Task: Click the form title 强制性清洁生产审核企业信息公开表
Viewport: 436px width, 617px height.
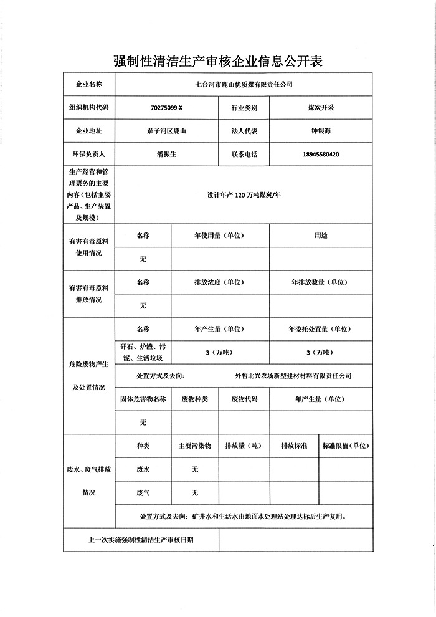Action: coord(218,60)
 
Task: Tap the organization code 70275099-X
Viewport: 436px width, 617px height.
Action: coord(167,108)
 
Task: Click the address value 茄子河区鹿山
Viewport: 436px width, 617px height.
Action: coord(167,132)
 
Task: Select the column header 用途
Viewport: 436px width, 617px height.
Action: coord(321,236)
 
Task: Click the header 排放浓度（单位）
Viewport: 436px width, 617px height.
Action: coord(218,282)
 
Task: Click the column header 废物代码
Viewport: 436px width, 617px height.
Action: coord(244,399)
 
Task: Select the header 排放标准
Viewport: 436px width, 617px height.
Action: coord(293,446)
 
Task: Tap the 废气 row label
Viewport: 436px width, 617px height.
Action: coord(143,492)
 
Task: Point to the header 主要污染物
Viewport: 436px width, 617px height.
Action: coord(195,446)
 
